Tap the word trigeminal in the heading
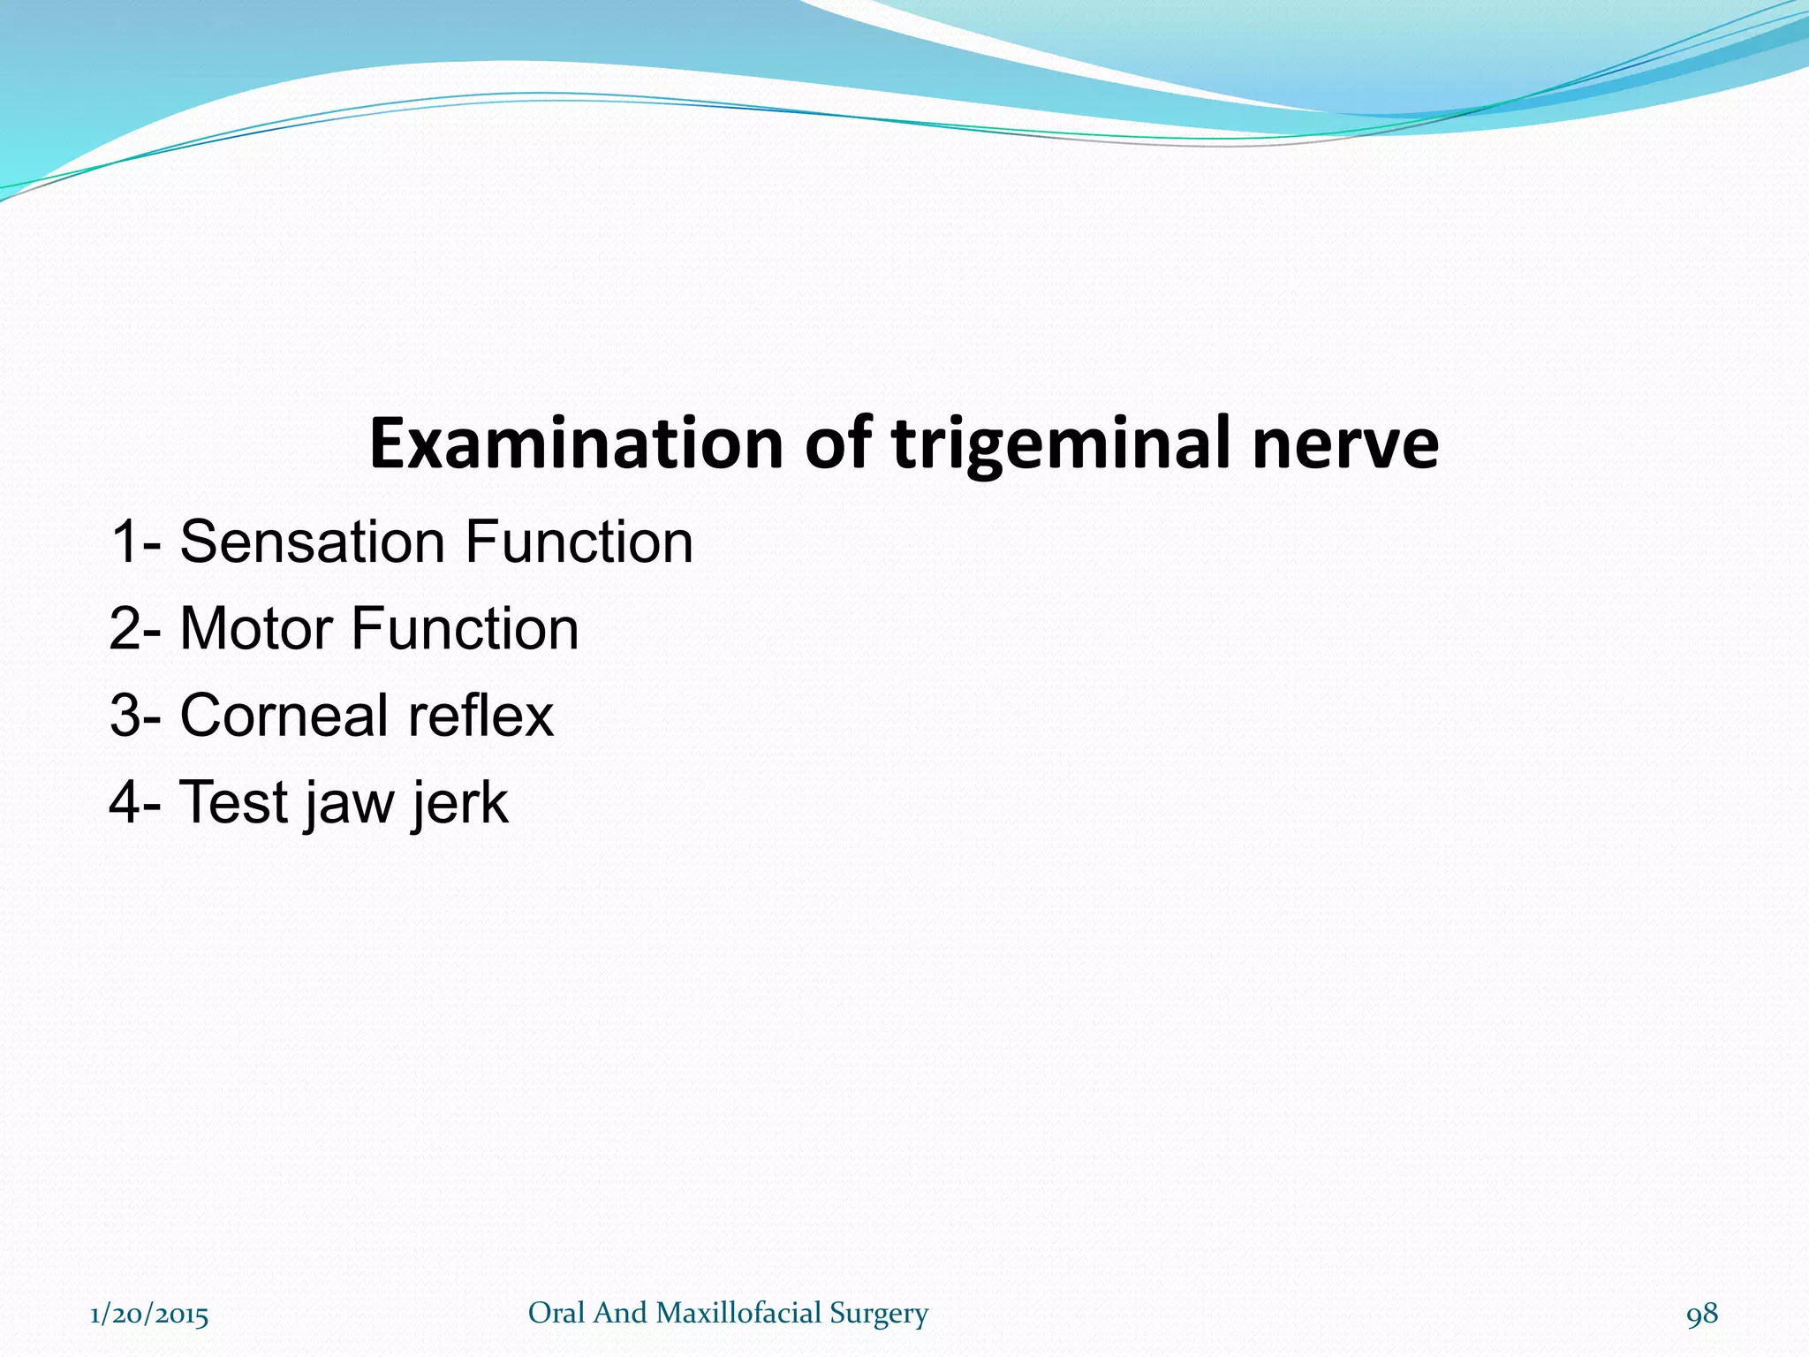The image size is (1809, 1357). point(1061,443)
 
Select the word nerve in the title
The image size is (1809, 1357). point(1344,443)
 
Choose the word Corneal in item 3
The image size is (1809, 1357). point(282,715)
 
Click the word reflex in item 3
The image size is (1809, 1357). point(480,715)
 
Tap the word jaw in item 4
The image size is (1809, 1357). point(350,802)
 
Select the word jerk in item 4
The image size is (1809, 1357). point(460,802)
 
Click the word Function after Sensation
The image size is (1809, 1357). point(579,542)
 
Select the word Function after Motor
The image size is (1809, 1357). point(465,628)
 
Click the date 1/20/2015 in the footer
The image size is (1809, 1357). point(149,1315)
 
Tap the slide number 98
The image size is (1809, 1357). point(1702,1315)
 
